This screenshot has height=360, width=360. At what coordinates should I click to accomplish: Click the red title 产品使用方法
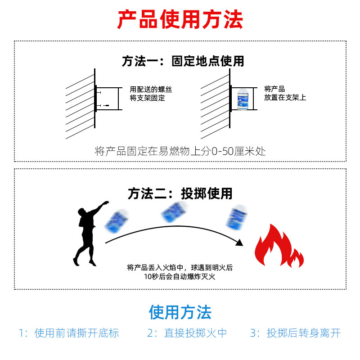pos(180,20)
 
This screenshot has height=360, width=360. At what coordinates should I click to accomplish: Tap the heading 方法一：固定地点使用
pos(183,61)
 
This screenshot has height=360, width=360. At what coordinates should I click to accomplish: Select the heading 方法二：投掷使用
pos(180,193)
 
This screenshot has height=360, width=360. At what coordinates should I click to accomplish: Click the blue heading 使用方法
pos(180,312)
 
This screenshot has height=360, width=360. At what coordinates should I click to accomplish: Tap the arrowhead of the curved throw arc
pos(239,242)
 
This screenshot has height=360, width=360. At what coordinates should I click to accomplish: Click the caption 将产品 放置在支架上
pos(285,93)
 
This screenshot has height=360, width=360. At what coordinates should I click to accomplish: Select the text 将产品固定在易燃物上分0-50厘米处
pos(180,151)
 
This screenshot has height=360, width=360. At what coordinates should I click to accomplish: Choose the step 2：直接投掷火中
pos(187,333)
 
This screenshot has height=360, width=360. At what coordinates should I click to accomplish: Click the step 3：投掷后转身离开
pos(295,333)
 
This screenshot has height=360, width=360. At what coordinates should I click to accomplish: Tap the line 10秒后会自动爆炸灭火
pos(180,276)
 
